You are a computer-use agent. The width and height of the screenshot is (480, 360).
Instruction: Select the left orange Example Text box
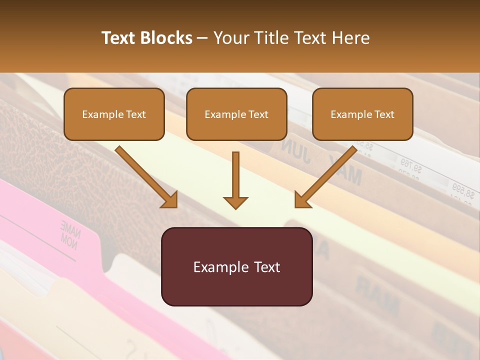pyautogui.click(x=114, y=114)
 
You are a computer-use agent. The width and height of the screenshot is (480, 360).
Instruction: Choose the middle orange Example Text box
pyautogui.click(x=236, y=114)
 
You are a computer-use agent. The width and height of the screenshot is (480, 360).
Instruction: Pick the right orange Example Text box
pyautogui.click(x=362, y=114)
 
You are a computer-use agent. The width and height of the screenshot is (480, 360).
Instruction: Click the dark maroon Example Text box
pyautogui.click(x=236, y=266)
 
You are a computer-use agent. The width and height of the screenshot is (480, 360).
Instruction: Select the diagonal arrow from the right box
pyautogui.click(x=325, y=176)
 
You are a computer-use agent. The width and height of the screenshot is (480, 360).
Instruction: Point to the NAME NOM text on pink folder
pyautogui.click(x=68, y=231)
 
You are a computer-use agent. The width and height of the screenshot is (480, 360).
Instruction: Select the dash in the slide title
pyautogui.click(x=202, y=38)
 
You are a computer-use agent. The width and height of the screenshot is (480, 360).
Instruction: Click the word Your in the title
pyautogui.click(x=230, y=38)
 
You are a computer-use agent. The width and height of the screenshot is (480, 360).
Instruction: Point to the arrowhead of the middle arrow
pyautogui.click(x=235, y=202)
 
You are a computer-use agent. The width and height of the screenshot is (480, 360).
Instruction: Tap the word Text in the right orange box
pyautogui.click(x=384, y=114)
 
